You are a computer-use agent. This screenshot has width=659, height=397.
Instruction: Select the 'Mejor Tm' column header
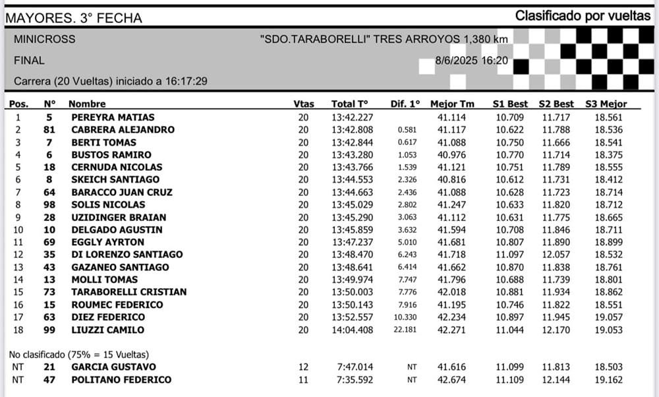(x=451, y=104)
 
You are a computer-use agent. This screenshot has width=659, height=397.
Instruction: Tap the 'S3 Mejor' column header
(x=606, y=104)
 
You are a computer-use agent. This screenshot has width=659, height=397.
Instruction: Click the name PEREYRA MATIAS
(x=113, y=117)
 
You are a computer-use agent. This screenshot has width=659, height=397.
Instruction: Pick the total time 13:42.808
(x=352, y=130)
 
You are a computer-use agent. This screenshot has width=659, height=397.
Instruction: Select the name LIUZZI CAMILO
(x=107, y=330)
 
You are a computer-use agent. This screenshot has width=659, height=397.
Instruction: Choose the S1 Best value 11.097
(x=511, y=255)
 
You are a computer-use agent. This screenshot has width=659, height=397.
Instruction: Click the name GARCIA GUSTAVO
(x=113, y=367)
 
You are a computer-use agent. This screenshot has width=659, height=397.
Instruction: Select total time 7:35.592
(x=355, y=380)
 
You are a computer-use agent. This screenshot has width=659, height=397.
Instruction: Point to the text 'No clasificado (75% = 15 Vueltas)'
(x=80, y=353)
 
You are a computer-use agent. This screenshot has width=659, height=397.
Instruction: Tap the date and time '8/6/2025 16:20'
(x=471, y=61)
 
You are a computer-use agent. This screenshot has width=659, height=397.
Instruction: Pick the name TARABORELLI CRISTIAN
(x=129, y=292)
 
